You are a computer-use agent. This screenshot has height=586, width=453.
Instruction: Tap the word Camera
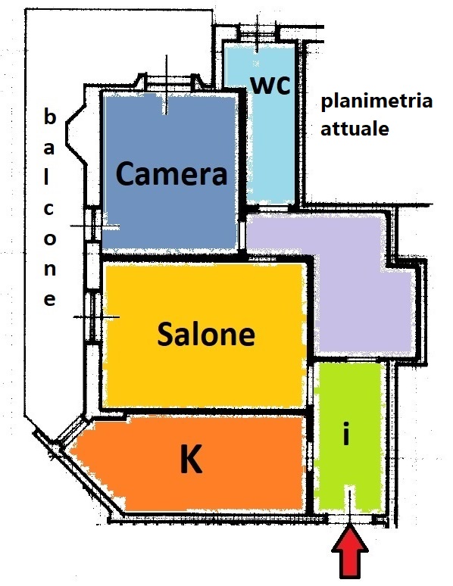click(x=172, y=173)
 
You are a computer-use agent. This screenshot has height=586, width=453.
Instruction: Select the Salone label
click(x=206, y=334)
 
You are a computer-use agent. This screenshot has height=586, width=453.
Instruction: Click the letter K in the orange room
click(x=191, y=459)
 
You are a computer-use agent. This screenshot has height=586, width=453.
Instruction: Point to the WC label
click(x=270, y=85)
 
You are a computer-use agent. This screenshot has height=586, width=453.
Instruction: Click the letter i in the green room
click(x=346, y=434)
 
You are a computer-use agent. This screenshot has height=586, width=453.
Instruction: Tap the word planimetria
click(x=376, y=101)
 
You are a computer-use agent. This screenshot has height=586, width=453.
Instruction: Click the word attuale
click(x=355, y=128)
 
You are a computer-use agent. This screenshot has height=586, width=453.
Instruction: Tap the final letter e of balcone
click(x=50, y=299)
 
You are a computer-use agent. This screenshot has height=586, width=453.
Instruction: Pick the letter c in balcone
click(x=48, y=208)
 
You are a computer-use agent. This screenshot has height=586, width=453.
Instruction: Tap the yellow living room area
click(x=205, y=335)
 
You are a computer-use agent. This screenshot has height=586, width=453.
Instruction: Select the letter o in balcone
click(x=50, y=238)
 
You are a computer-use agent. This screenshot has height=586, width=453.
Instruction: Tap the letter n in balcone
click(x=50, y=269)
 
